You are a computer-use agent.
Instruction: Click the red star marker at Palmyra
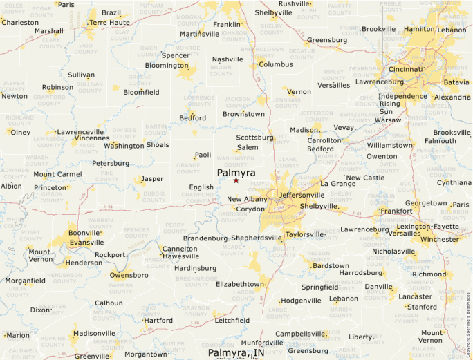point(236,180)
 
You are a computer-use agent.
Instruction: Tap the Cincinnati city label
point(405,70)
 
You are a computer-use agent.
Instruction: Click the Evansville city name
point(86,243)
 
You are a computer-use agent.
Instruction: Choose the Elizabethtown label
point(241,284)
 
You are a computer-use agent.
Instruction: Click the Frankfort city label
point(396,211)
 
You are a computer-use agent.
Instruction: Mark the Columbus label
point(276,64)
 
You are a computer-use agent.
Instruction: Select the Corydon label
point(250,209)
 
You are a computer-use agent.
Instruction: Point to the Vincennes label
point(91,138)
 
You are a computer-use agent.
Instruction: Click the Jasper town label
point(152,179)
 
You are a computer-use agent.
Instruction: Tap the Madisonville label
point(94,333)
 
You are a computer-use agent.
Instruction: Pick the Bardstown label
point(331,265)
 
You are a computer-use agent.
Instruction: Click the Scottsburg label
point(256,138)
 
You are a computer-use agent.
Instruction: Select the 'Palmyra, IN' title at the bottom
point(236,353)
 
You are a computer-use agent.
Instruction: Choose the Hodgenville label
point(301,301)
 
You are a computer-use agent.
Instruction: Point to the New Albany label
point(246,200)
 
